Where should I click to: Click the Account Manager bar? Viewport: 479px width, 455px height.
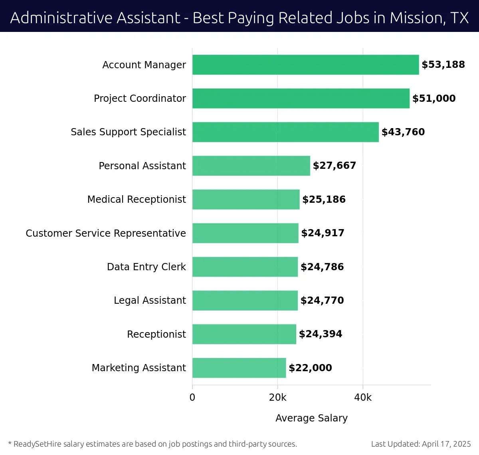[x=305, y=65]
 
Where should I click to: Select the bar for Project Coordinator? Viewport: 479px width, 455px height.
[x=301, y=98]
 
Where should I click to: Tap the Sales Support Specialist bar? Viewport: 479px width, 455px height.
[x=285, y=132]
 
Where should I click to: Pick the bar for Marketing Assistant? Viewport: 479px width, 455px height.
[x=239, y=368]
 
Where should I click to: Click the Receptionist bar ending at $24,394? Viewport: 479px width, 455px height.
[x=244, y=334]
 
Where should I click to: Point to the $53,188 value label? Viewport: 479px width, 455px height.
[x=443, y=65]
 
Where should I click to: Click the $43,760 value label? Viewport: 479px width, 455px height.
[x=403, y=132]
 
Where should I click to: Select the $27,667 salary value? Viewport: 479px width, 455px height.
[x=334, y=166]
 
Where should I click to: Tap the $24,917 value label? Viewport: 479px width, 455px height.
[x=323, y=233]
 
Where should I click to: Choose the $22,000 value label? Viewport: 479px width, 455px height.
[x=310, y=368]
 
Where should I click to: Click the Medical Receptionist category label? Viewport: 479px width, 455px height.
[x=137, y=199]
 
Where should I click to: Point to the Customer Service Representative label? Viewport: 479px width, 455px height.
[x=106, y=233]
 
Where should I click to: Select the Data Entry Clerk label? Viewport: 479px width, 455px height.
[x=146, y=267]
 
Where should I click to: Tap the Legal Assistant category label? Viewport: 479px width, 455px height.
[x=150, y=300]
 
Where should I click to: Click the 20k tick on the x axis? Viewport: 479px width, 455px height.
[x=277, y=398]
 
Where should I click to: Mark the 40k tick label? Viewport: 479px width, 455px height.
[x=363, y=398]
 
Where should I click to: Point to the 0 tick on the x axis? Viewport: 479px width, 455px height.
[x=192, y=398]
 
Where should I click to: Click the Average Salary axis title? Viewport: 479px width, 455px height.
[x=311, y=418]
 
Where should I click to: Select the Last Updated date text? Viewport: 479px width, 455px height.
[x=421, y=444]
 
